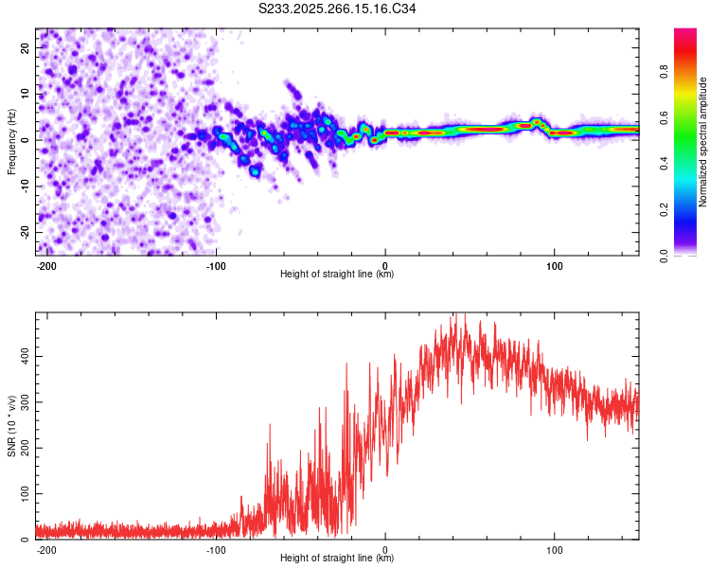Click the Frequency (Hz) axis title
click(x=12, y=142)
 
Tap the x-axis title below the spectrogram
click(x=337, y=275)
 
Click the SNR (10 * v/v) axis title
click(x=12, y=426)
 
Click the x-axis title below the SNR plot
click(x=337, y=559)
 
